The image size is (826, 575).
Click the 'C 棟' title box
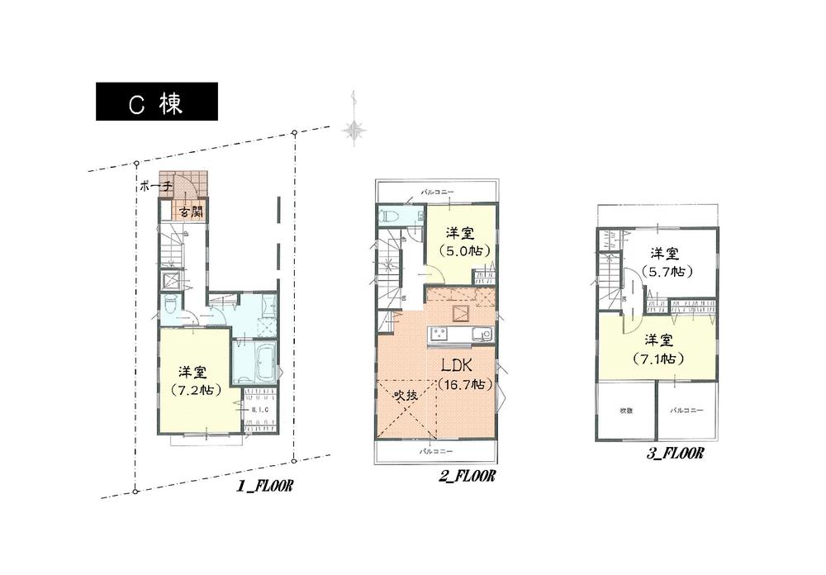click(x=157, y=102)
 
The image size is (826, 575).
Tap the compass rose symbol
click(x=355, y=129)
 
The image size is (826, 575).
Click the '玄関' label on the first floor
click(x=191, y=212)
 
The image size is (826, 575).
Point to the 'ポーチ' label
click(x=156, y=187)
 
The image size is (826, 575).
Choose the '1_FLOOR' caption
click(x=265, y=488)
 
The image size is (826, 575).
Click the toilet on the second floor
click(x=389, y=217)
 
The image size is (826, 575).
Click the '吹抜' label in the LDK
click(x=405, y=394)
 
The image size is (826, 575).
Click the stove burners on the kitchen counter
click(x=439, y=334)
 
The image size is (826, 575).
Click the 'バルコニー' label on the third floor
click(x=685, y=409)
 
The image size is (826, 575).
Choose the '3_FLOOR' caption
click(x=675, y=453)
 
